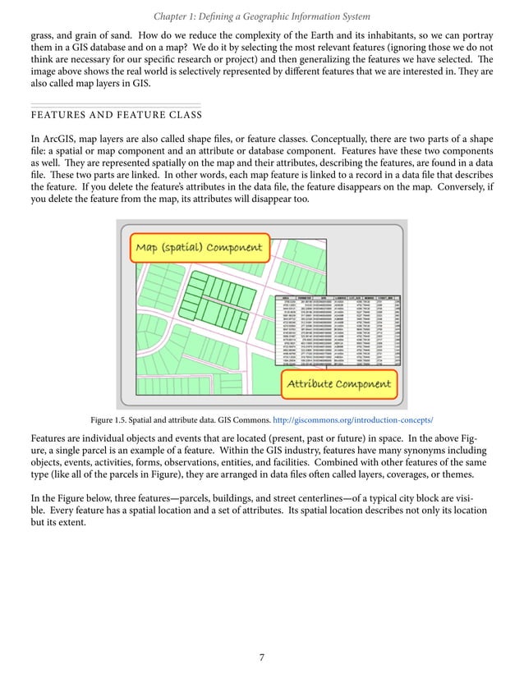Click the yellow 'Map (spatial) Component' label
pyautogui.click(x=199, y=247)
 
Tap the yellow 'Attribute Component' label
pyautogui.click(x=338, y=383)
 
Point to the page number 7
pyautogui.click(x=261, y=657)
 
